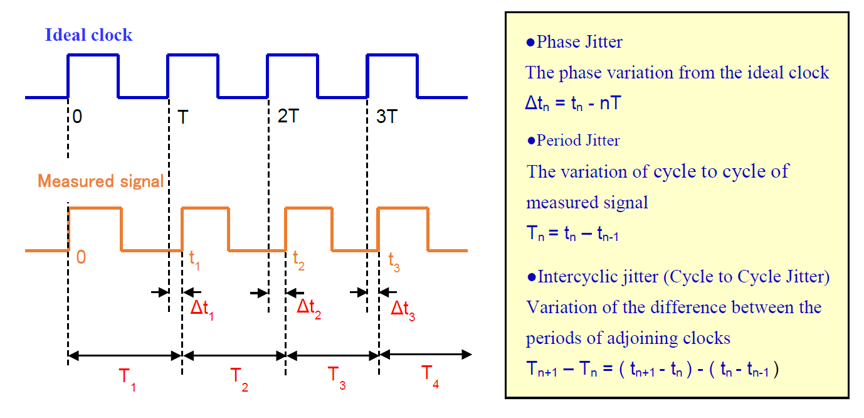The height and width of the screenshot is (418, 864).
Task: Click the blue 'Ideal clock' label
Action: (x=88, y=35)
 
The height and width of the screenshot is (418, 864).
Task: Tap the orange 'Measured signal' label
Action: (x=100, y=181)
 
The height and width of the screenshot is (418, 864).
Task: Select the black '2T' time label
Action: (x=287, y=117)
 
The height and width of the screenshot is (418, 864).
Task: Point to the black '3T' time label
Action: (x=387, y=117)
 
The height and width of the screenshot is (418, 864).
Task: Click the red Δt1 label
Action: (x=202, y=309)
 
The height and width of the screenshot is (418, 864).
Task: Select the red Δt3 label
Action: (x=403, y=309)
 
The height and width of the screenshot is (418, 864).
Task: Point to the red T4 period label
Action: (x=430, y=375)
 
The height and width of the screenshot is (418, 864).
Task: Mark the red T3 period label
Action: (x=337, y=377)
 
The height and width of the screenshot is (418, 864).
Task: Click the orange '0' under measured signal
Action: (x=81, y=258)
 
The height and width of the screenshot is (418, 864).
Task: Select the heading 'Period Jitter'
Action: (x=577, y=140)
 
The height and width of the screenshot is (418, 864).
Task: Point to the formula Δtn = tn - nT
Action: (x=572, y=104)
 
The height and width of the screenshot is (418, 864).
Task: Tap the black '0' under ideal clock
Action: (x=76, y=117)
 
